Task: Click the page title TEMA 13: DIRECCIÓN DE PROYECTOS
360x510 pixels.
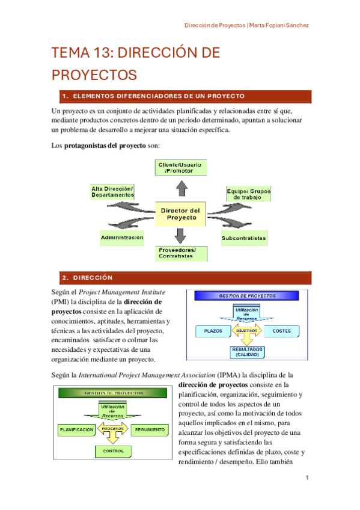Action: (x=136, y=64)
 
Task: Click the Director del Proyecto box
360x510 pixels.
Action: (x=180, y=214)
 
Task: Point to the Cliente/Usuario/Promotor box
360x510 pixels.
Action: (x=180, y=168)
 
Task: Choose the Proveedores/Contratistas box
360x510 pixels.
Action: (x=181, y=253)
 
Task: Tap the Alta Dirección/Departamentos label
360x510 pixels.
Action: (x=112, y=192)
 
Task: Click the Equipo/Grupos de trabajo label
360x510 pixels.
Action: (x=248, y=194)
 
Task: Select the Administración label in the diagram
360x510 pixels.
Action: (x=122, y=238)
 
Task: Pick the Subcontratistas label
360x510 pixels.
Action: (x=243, y=238)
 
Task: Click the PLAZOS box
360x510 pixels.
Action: (x=213, y=331)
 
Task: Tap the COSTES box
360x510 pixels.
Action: (x=281, y=331)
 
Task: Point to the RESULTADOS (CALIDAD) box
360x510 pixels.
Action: (x=247, y=352)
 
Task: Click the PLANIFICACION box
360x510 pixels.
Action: (x=76, y=429)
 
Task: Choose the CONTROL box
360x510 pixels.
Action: (x=113, y=450)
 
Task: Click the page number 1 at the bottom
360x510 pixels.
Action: (x=307, y=478)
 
